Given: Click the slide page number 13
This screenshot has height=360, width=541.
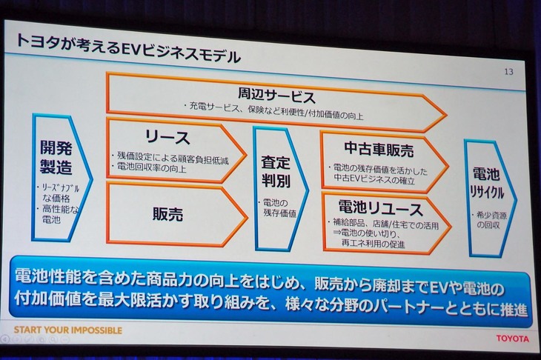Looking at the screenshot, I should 508,72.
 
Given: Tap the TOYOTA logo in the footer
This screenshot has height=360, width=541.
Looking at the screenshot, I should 511,339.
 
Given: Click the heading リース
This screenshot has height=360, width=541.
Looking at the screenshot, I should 167,138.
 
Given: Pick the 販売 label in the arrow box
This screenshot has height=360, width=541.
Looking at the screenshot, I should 167,214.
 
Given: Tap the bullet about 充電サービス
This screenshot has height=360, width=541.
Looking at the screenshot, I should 277,112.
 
